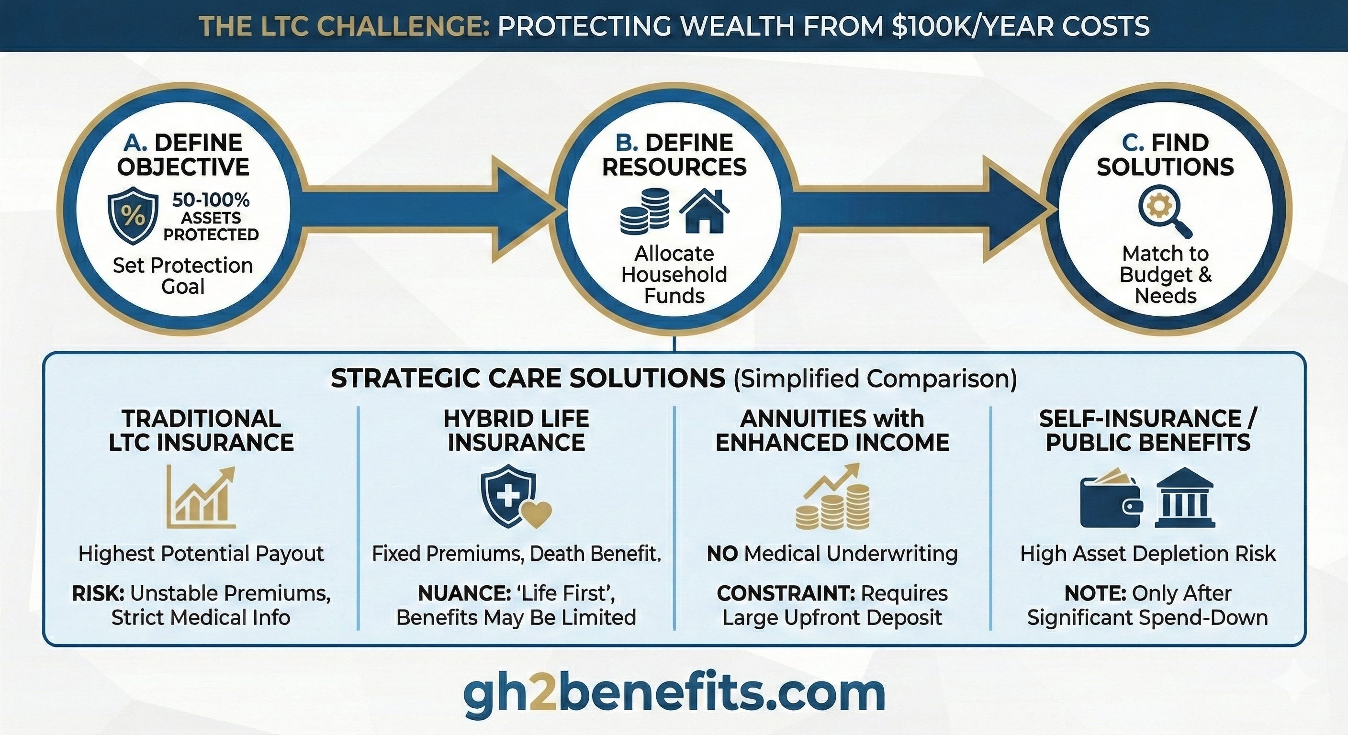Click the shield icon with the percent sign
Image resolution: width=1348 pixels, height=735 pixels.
pyautogui.click(x=133, y=215)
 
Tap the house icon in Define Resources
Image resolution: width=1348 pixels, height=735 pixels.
pyautogui.click(x=704, y=211)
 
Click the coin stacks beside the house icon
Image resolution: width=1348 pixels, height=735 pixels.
pyautogui.click(x=645, y=211)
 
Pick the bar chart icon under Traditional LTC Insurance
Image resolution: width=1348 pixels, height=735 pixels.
pyautogui.click(x=201, y=497)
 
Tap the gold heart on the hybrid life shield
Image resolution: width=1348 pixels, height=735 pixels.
pyautogui.click(x=538, y=514)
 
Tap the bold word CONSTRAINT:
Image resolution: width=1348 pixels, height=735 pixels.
pyautogui.click(x=786, y=593)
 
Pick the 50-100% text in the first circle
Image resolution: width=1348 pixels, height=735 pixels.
pyautogui.click(x=211, y=200)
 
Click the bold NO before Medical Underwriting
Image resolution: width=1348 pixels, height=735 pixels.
pyautogui.click(x=722, y=554)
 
